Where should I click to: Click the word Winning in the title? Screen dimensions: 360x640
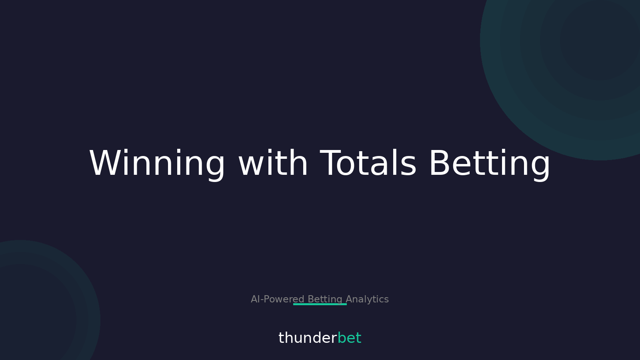pos(157,164)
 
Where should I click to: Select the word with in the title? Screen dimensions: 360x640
pos(273,164)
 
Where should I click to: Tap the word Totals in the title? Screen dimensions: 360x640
pos(368,164)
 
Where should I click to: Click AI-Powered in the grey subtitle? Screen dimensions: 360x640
pos(277,299)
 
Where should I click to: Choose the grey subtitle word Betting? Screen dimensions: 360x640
pos(325,299)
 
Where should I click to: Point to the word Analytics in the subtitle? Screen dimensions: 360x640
pos(367,299)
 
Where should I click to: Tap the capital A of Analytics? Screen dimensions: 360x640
pos(349,299)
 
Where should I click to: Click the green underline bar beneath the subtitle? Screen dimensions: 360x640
pos(320,304)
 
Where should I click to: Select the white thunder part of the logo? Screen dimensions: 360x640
pos(308,338)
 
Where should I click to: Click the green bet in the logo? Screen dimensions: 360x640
pos(349,338)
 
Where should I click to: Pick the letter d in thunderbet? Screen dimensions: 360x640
pos(316,338)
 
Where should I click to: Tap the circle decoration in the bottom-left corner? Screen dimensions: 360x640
pos(32,312)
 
